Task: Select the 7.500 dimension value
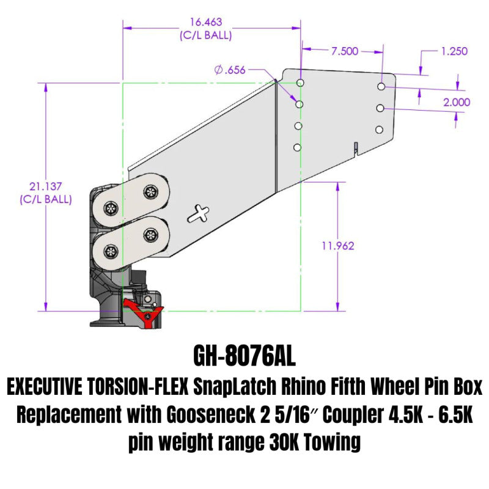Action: point(345,51)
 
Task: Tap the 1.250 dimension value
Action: point(455,51)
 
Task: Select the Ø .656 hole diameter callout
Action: point(230,70)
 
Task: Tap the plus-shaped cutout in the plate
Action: point(199,214)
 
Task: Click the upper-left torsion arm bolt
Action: point(111,207)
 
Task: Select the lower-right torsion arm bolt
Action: point(150,234)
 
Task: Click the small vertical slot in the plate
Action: point(355,147)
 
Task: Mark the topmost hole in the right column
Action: point(381,87)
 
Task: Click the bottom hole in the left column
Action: point(297,147)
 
